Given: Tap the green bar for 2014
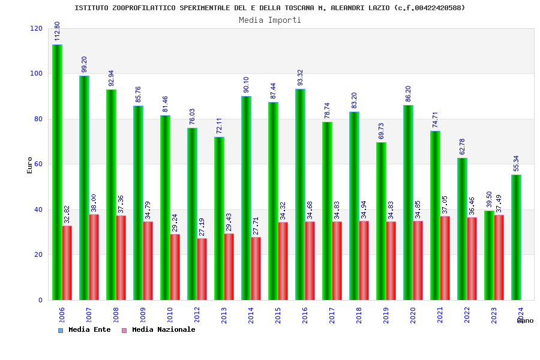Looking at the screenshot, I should click(246, 198).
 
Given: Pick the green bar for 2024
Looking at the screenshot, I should click(516, 237).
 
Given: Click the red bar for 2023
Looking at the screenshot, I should click(499, 257).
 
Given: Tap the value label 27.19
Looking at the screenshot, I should click(202, 227).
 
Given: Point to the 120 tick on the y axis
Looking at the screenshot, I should click(37, 29).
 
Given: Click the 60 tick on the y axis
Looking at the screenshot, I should click(38, 164).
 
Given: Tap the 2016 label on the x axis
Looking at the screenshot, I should click(305, 315).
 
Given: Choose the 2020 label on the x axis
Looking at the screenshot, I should click(413, 315).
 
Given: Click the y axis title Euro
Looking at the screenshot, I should click(30, 165).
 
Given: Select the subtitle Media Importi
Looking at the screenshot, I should click(270, 20).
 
